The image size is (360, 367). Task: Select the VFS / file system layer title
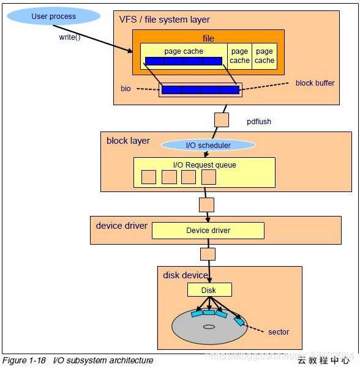click(x=164, y=20)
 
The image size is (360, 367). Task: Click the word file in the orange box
click(x=208, y=39)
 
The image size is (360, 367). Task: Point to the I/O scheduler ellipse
click(x=208, y=145)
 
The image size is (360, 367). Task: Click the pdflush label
click(x=258, y=122)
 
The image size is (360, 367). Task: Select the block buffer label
click(x=315, y=83)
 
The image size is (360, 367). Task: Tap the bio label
click(x=126, y=89)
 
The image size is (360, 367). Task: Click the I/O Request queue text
click(x=204, y=165)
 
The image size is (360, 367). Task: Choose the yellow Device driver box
click(x=208, y=231)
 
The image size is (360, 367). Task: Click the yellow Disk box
click(x=209, y=290)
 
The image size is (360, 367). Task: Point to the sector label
click(x=279, y=332)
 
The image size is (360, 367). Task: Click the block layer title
click(x=128, y=141)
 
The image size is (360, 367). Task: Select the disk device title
click(x=186, y=275)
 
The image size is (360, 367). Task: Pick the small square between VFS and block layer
click(x=222, y=120)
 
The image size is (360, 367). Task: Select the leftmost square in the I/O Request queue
click(x=149, y=177)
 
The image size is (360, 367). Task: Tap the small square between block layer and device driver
click(x=207, y=204)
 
